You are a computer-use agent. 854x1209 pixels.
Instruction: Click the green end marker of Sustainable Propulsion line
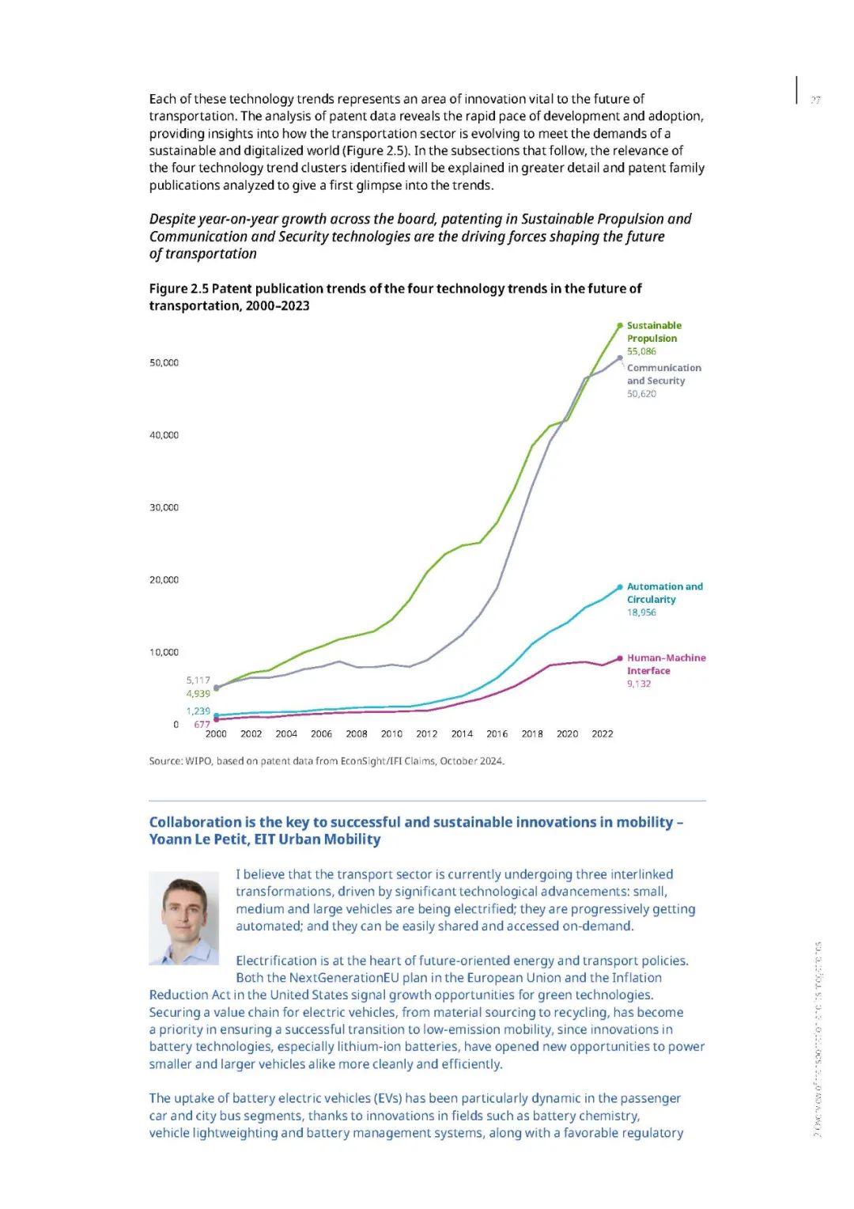coord(620,325)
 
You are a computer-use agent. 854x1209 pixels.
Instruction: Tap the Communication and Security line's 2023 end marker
coord(620,358)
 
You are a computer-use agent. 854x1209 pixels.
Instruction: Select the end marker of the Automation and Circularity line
coord(620,587)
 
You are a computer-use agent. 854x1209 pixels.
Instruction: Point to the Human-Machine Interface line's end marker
coord(620,658)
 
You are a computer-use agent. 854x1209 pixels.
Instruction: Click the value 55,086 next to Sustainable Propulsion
coord(641,351)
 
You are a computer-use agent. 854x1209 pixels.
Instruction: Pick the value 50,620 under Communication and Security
coord(641,393)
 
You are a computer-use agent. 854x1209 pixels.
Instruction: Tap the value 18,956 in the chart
coord(641,612)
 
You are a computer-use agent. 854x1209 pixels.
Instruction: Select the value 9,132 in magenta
coord(639,684)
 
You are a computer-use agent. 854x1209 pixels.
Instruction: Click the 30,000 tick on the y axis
coord(164,507)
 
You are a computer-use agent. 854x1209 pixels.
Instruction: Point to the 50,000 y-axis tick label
coord(164,362)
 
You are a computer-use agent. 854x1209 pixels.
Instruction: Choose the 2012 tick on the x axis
coord(427,733)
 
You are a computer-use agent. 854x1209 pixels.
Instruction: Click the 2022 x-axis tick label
coord(603,733)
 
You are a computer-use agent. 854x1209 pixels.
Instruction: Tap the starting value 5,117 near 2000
coord(198,680)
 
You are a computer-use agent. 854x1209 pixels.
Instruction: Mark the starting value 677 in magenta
coord(202,724)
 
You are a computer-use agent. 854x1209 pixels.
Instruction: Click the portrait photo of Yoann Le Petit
coord(183,918)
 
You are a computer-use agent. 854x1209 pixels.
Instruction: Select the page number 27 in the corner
coord(815,100)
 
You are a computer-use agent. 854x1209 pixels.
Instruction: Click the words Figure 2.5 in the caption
coord(179,289)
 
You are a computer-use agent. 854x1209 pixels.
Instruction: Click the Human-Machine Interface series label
coord(666,664)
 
